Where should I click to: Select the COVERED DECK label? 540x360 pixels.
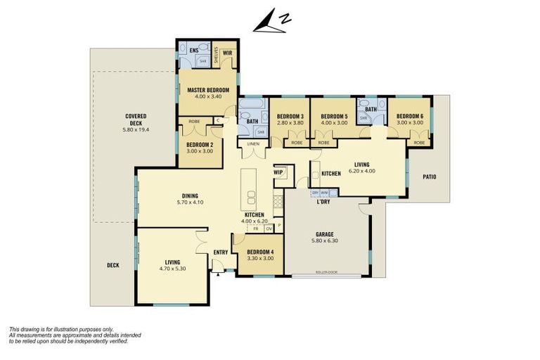click(135, 120)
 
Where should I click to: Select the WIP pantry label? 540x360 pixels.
click(278, 172)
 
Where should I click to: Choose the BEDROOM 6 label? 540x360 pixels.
click(408, 117)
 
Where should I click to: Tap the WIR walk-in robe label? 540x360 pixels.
click(227, 52)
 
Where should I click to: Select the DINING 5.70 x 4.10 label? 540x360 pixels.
click(189, 199)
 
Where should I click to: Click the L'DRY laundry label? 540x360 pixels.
click(323, 202)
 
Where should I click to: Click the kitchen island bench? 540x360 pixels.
click(250, 187)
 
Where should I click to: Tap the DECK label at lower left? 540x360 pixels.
click(112, 265)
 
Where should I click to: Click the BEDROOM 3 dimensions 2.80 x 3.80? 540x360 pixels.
click(290, 122)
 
